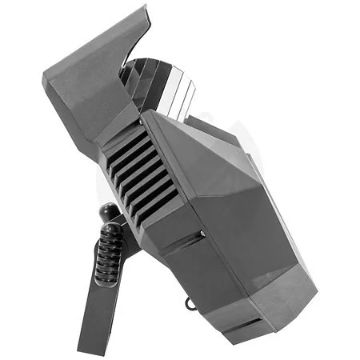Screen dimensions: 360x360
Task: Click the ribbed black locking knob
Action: [109, 254]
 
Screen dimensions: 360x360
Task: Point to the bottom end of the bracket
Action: [90, 347]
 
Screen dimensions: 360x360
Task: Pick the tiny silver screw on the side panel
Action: [202, 234]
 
